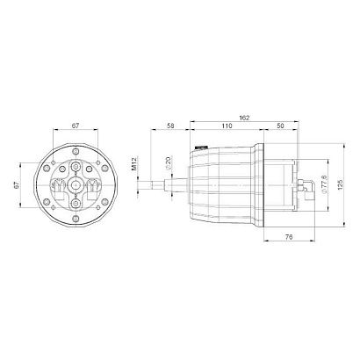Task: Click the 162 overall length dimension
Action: (244, 118)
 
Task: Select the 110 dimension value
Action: (227, 126)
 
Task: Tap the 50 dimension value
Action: (280, 126)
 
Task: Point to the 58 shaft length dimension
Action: (170, 126)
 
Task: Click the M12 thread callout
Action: (134, 163)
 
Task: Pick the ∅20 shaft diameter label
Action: (168, 163)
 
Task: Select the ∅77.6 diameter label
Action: (324, 184)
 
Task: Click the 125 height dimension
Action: (340, 184)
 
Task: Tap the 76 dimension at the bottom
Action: (289, 236)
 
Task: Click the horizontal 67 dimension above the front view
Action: (76, 126)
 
